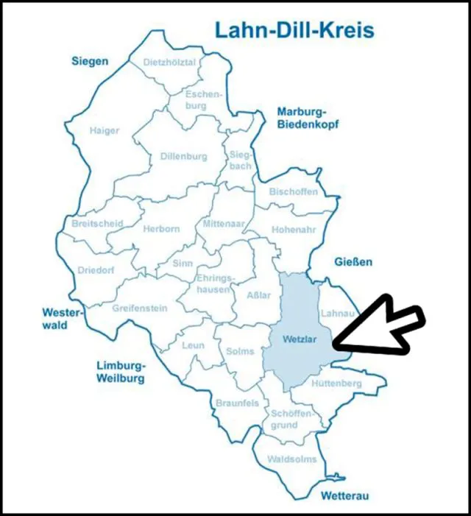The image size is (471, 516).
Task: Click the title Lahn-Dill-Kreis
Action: [294, 30]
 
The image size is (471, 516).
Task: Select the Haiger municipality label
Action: [104, 130]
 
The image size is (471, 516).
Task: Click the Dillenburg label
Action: [184, 157]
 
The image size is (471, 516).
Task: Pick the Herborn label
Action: [160, 229]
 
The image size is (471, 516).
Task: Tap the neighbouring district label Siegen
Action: [90, 61]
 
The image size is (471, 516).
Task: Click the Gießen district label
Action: [354, 261]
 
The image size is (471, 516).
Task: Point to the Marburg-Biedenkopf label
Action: [307, 118]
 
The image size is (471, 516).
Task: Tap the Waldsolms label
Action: [292, 459]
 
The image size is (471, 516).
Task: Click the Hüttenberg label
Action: [336, 384]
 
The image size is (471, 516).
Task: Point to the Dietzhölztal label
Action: [170, 63]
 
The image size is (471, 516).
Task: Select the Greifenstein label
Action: [140, 308]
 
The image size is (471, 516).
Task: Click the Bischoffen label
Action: [294, 192]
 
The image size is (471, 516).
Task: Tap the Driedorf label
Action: [96, 270]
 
